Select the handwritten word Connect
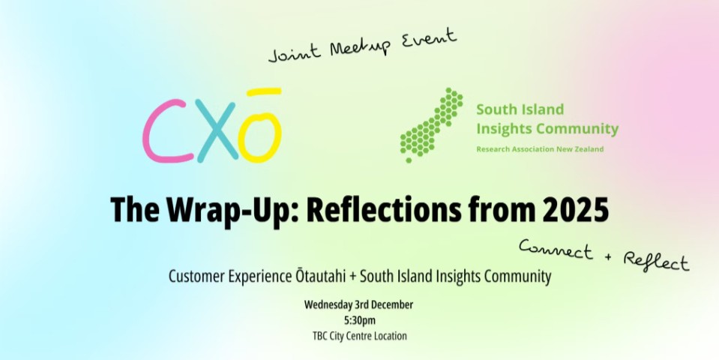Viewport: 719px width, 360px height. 555,250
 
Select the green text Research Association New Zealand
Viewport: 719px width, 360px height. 540,149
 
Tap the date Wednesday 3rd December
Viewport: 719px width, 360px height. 359,304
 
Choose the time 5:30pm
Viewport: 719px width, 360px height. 359,320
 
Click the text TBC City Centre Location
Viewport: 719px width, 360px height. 359,336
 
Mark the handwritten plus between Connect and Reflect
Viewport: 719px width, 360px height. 607,257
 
